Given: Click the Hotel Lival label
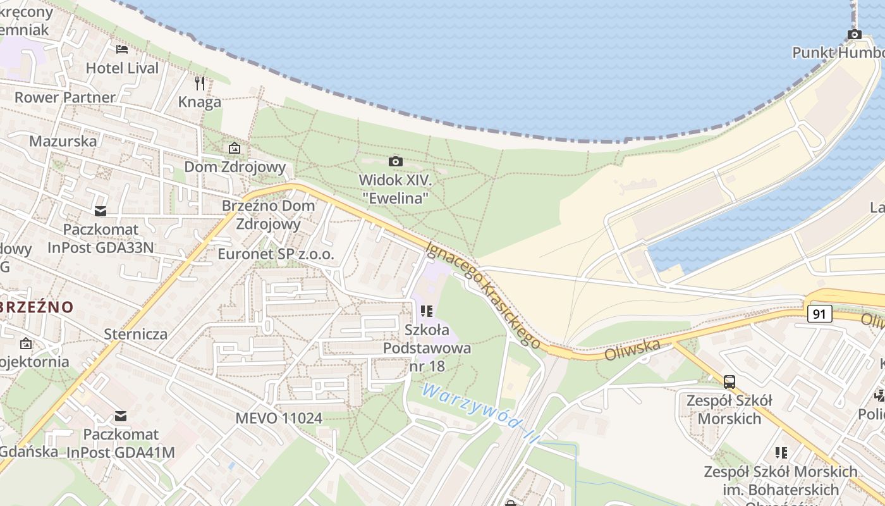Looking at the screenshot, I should pyautogui.click(x=122, y=68).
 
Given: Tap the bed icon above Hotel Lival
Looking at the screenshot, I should pyautogui.click(x=122, y=49).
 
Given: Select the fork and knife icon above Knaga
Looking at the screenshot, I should pyautogui.click(x=200, y=83).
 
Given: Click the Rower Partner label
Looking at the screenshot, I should pyautogui.click(x=65, y=97).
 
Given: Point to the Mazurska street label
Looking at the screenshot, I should pyautogui.click(x=63, y=140).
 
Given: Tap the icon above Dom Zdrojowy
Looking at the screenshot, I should pyautogui.click(x=235, y=149).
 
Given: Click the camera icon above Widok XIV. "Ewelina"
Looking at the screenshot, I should pyautogui.click(x=396, y=162).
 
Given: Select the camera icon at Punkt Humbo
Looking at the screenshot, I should pyautogui.click(x=854, y=34).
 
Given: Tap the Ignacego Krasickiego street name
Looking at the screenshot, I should pyautogui.click(x=484, y=294).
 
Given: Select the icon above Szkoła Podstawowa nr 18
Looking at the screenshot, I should pyautogui.click(x=427, y=311).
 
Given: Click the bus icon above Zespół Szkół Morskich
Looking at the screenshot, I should pyautogui.click(x=729, y=381).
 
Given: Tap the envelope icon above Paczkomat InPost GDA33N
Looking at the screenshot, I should pyautogui.click(x=100, y=211).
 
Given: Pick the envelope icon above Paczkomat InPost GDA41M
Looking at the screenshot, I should pyautogui.click(x=120, y=416).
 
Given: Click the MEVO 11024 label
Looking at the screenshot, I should pyautogui.click(x=279, y=418).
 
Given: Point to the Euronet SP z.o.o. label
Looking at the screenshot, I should pyautogui.click(x=275, y=254).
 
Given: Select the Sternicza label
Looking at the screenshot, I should pyautogui.click(x=136, y=334).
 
